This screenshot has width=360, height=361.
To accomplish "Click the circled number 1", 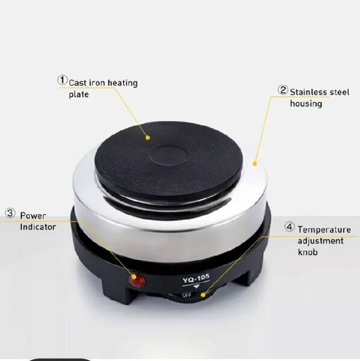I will (x=62, y=79).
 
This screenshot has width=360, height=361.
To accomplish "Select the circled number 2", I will (x=283, y=90).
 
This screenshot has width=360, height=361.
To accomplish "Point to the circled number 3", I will (x=10, y=213).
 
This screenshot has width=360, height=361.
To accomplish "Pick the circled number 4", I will (x=290, y=227).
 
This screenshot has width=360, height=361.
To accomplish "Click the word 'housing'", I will (x=306, y=103).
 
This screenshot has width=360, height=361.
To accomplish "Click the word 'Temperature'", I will (x=324, y=230).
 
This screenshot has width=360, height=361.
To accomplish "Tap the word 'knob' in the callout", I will (x=308, y=252).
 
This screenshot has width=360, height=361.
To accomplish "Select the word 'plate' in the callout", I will (x=78, y=94).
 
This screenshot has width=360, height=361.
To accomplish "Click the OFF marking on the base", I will (x=187, y=294).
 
